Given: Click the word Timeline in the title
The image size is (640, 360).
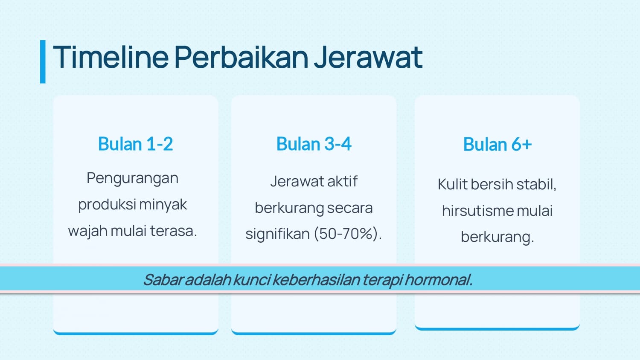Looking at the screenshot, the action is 111,57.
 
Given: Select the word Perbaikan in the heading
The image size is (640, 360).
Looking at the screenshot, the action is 241,57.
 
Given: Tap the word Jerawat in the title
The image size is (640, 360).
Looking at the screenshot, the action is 368,57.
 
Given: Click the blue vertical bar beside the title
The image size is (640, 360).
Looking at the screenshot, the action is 43,62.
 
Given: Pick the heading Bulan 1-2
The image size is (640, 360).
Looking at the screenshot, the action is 135,144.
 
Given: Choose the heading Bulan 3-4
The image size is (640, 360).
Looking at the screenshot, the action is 314,144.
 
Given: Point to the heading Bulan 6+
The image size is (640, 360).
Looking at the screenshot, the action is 497,144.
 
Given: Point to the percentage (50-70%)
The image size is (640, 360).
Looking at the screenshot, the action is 348,234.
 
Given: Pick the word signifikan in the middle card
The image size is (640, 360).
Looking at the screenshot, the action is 278,234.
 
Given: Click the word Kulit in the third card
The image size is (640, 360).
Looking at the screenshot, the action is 452,184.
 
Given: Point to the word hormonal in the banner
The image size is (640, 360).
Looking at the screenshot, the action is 439,280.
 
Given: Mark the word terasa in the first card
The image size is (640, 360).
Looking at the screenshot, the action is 173,231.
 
